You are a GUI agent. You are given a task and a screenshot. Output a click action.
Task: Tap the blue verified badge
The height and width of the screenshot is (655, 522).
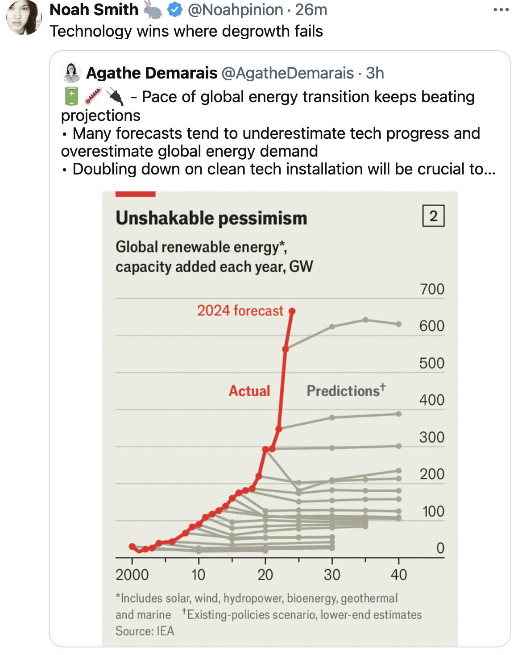point(175,9)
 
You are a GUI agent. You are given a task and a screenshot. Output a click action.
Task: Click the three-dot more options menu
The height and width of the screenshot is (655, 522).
point(501,10)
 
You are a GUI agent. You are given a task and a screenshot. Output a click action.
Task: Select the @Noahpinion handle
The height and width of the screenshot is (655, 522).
point(235,9)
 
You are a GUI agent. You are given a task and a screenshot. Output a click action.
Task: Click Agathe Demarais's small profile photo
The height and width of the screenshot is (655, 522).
point(71,73)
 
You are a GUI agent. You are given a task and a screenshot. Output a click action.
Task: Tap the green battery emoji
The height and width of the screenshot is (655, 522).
point(71,97)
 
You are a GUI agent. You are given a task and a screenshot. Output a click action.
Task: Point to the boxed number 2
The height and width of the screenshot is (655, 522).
point(433,216)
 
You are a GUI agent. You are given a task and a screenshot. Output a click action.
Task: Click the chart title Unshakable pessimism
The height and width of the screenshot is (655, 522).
point(211,218)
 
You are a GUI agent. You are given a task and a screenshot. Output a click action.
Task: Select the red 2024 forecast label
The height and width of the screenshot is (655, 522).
point(240,311)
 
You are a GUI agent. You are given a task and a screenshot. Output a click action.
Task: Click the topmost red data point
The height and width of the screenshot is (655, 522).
point(292,311)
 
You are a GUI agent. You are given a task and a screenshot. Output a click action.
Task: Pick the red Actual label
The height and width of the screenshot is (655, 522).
point(249,391)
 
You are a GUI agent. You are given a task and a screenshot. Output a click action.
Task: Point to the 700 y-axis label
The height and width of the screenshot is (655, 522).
point(432,289)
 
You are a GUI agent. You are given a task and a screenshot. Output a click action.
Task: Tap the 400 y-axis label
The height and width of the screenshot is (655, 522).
point(431,400)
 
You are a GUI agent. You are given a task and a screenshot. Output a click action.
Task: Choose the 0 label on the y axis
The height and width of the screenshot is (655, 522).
point(440,548)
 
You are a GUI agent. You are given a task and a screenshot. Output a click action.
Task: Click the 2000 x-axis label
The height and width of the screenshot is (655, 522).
point(132,575)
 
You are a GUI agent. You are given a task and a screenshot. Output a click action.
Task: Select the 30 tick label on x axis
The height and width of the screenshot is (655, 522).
point(332,575)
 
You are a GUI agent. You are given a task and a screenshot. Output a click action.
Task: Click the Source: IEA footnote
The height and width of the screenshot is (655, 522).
point(145,631)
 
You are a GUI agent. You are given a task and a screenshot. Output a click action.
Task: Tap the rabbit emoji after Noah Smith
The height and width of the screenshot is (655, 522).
point(153,9)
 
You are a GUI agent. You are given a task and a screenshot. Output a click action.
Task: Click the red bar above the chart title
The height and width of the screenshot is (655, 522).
point(135,194)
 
